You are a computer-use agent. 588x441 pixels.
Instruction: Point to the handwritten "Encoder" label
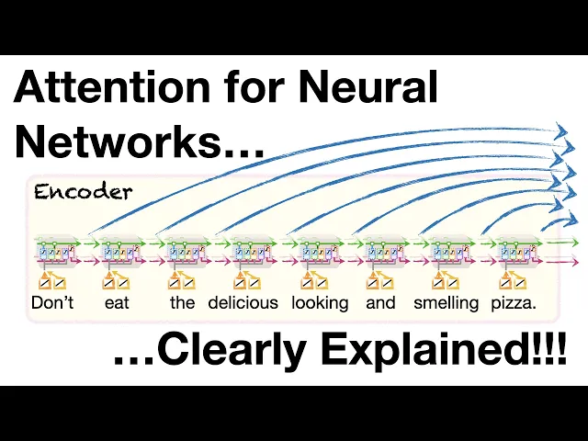tap(84, 192)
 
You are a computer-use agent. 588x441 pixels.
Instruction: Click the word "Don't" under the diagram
tap(52, 302)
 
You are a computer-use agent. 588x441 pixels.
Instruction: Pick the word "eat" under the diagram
tap(117, 302)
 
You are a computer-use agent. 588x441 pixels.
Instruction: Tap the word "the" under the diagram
tap(182, 302)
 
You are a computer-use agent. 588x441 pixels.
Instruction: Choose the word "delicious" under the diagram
tap(243, 302)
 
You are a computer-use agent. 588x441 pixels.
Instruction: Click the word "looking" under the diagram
tap(320, 302)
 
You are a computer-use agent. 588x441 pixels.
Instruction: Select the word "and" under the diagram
tap(380, 302)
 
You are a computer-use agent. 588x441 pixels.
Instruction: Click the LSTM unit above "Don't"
tap(52, 251)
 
